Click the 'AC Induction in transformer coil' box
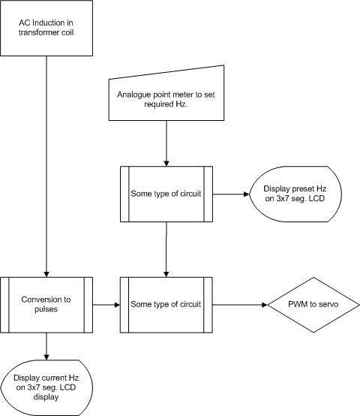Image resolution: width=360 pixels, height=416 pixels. (46, 28)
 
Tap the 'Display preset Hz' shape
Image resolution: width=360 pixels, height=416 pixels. (295, 194)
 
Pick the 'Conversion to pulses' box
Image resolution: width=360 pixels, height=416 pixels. (46, 305)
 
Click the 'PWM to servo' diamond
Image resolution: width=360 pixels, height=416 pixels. (313, 305)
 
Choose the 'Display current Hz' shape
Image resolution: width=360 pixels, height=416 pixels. (46, 387)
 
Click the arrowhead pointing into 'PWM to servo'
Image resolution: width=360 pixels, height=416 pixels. (265, 305)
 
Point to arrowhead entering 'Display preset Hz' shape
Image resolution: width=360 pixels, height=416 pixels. (246, 194)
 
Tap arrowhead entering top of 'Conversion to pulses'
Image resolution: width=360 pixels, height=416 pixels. (46, 274)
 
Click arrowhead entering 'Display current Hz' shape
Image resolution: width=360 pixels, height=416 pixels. (46, 357)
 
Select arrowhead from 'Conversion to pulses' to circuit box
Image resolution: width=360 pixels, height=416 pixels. (117, 305)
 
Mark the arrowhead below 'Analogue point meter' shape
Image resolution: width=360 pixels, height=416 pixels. (166, 164)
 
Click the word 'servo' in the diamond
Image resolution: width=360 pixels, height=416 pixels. (329, 304)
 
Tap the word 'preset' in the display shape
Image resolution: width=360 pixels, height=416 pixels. (303, 189)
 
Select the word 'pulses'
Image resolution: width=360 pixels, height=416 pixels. (46, 309)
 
